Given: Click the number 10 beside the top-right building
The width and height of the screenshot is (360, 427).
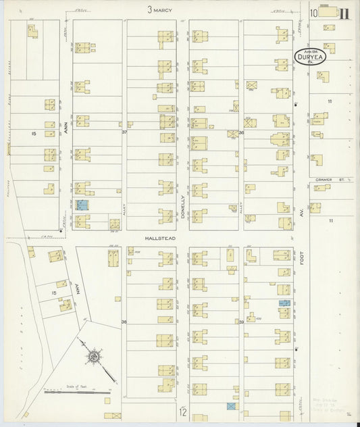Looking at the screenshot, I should pos(314,12).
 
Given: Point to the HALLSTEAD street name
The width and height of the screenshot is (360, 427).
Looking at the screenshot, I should pos(159,238).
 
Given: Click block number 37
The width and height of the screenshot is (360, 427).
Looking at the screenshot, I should pos(124,132).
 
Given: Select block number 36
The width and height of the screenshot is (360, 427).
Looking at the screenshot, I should pos(240,132).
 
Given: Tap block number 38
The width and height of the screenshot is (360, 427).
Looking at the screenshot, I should pos(124,322).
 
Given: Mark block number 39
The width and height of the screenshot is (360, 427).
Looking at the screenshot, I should pos(240,322).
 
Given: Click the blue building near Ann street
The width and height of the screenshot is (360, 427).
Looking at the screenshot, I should pos(82,205).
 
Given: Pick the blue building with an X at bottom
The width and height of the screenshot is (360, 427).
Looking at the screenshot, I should pos(231,407).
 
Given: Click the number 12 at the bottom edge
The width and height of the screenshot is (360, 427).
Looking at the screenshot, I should pos(182,411).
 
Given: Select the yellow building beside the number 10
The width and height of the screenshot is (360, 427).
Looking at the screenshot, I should pos(328,11).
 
